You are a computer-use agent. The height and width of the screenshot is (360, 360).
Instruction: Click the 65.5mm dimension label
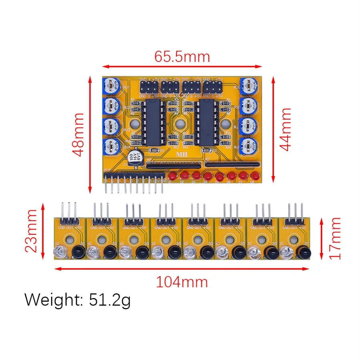[x=182, y=56]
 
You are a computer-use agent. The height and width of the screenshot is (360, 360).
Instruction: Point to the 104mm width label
[x=182, y=282]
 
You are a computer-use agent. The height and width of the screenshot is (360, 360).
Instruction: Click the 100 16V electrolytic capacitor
[x=134, y=156]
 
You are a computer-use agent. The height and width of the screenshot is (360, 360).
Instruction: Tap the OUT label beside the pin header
[x=107, y=171]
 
